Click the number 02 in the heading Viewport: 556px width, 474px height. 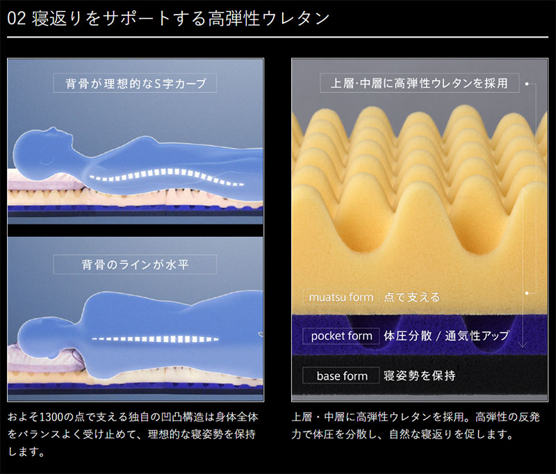[x=16, y=19]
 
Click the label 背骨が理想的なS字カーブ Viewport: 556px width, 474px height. [x=135, y=83]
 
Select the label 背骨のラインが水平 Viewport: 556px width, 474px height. [x=135, y=264]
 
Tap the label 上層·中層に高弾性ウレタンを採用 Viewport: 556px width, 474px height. [x=420, y=83]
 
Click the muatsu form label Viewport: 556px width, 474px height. [x=341, y=297]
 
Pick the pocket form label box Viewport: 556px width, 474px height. [x=341, y=336]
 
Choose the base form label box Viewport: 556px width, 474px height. [x=341, y=375]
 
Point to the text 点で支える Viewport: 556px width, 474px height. [x=411, y=297]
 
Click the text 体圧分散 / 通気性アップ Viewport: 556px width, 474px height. [x=446, y=336]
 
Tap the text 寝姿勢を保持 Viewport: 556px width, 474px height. [x=420, y=375]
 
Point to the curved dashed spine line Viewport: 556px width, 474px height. [x=167, y=177]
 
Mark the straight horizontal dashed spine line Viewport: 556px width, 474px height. [x=155, y=339]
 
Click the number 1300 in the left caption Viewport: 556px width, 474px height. [x=52, y=417]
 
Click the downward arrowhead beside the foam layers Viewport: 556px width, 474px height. [x=523, y=344]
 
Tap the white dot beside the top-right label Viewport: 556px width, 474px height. [x=527, y=84]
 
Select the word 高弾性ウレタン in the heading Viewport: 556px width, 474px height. [x=268, y=19]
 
